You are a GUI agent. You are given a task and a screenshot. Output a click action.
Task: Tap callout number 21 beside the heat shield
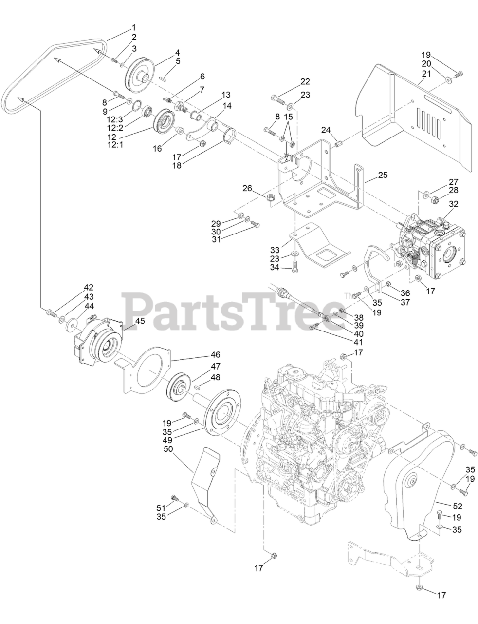tap(426, 73)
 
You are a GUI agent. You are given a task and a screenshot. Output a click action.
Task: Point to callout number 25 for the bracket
tap(383, 175)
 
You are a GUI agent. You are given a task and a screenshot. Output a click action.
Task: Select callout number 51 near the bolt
tap(161, 507)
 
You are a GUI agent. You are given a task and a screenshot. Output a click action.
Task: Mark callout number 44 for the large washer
tap(89, 306)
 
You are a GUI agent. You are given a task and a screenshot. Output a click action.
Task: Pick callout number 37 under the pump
tap(405, 302)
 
